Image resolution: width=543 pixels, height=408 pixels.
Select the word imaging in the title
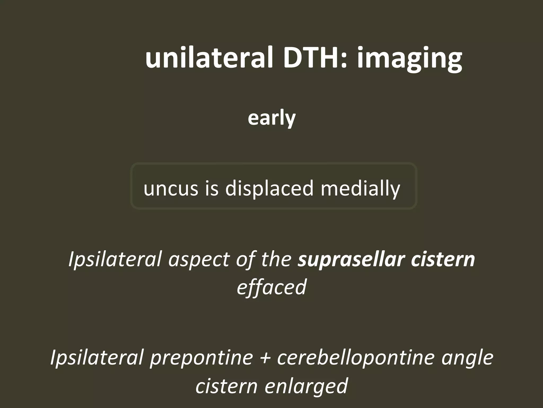tap(409, 60)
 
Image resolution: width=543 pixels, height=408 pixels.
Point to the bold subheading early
tap(271, 118)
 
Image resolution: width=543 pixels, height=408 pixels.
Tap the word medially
tap(360, 188)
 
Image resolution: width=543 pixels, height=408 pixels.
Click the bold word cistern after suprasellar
tap(443, 259)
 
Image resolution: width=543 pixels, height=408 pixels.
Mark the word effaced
tap(271, 287)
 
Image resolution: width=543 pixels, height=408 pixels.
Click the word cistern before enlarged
tap(226, 386)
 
